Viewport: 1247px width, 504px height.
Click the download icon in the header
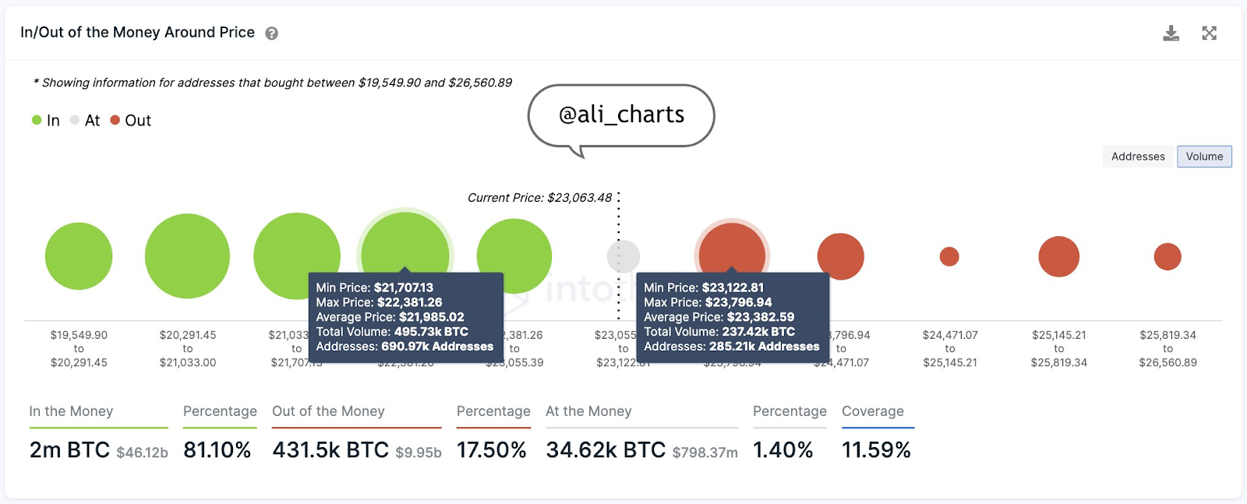1171,33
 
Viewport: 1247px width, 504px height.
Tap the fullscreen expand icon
1209,33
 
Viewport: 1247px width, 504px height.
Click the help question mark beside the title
271,33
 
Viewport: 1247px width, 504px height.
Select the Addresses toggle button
1138,157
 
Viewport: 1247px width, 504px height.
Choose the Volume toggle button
1204,157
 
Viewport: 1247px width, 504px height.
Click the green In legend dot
37,120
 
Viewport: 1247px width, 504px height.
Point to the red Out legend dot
115,120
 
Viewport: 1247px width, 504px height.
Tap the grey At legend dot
75,120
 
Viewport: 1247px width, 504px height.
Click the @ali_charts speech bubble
621,115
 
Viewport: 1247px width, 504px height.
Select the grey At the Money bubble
623,256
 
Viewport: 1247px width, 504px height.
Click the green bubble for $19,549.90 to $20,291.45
79,256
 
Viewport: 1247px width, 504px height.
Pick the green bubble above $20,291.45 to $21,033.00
187,256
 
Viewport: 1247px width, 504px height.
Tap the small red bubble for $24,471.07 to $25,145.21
949,256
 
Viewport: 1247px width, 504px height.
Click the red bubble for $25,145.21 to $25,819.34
1058,256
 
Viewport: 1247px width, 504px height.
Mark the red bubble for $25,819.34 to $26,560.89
1168,256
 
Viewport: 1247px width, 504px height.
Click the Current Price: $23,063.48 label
539,198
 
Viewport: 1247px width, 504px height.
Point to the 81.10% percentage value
217,450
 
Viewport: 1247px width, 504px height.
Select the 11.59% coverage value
876,450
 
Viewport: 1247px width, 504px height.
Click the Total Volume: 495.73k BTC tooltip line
392,332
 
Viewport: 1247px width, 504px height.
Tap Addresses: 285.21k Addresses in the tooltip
731,347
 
